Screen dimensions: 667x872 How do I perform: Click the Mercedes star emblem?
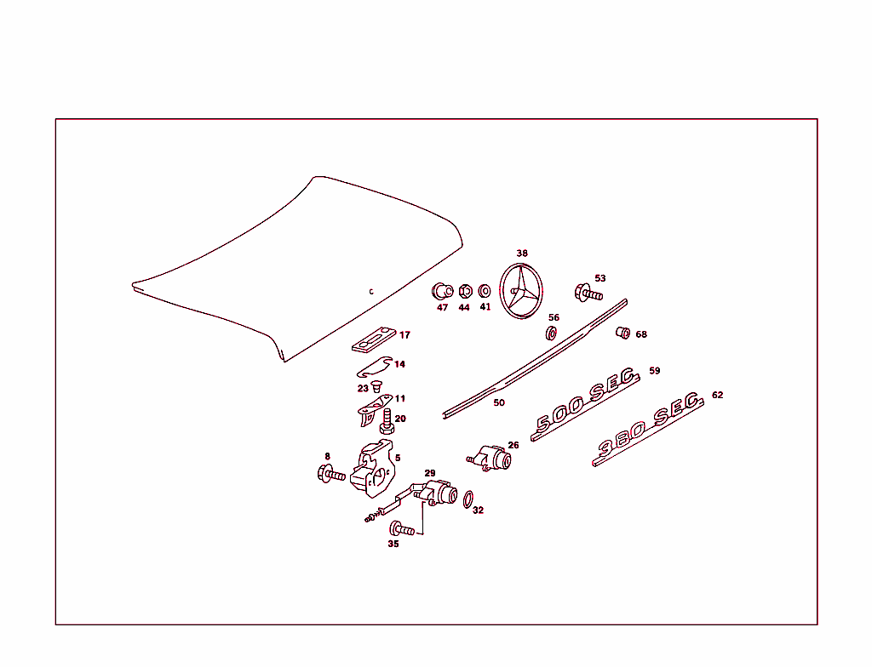point(521,291)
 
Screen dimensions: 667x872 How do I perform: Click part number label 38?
point(522,253)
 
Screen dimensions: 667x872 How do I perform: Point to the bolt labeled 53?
point(588,294)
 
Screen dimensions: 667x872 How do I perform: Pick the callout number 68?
point(641,334)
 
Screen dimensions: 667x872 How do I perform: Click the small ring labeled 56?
point(552,332)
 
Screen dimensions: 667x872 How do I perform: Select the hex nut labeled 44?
point(465,291)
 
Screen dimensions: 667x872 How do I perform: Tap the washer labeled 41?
point(485,291)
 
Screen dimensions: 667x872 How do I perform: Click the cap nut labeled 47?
point(442,291)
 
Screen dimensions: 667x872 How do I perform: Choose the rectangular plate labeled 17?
point(372,339)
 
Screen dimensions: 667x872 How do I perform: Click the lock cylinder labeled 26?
point(493,459)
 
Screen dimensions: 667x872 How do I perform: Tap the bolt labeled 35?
point(402,529)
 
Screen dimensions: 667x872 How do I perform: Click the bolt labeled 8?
point(330,474)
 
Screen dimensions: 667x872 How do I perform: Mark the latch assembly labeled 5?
point(375,470)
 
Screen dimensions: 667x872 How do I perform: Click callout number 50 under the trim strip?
point(499,402)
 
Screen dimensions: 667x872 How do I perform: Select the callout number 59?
point(654,371)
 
